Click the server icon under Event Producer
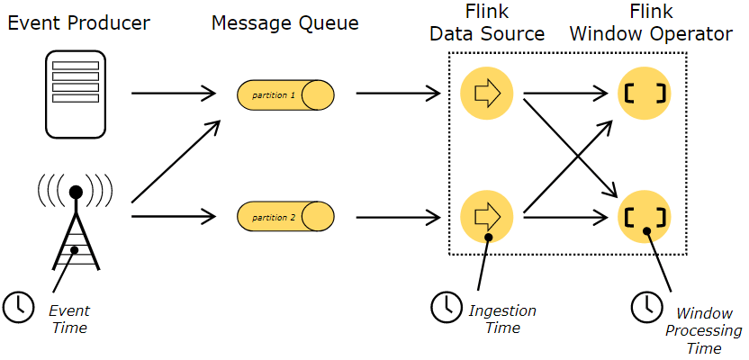pyautogui.click(x=76, y=94)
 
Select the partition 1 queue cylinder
pyautogui.click(x=285, y=94)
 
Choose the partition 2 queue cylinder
pyautogui.click(x=285, y=217)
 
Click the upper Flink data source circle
pyautogui.click(x=486, y=93)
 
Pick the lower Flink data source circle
pyautogui.click(x=486, y=216)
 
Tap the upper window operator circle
pyautogui.click(x=645, y=93)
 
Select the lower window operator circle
pyautogui.click(x=645, y=217)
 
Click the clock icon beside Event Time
pyautogui.click(x=18, y=306)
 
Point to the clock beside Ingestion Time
pyautogui.click(x=447, y=307)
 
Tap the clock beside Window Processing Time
pyautogui.click(x=647, y=307)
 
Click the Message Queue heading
pyautogui.click(x=284, y=22)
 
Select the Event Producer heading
pyautogui.click(x=78, y=22)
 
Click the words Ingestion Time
pyautogui.click(x=502, y=319)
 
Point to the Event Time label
pyautogui.click(x=69, y=319)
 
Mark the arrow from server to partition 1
pyautogui.click(x=174, y=94)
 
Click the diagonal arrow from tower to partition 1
pyautogui.click(x=176, y=161)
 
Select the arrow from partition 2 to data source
pyautogui.click(x=399, y=218)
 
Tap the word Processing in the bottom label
pyautogui.click(x=704, y=331)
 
